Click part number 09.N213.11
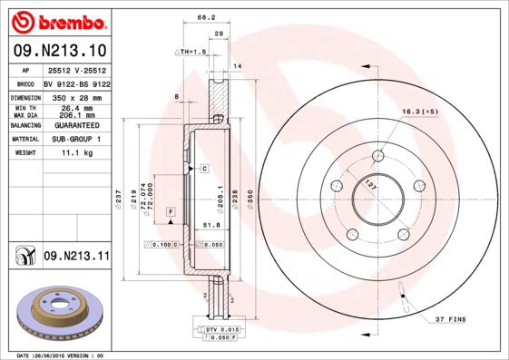pyautogui.click(x=76, y=257)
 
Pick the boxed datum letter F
pyautogui.click(x=170, y=210)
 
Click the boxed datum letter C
pyautogui.click(x=205, y=169)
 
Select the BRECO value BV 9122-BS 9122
pyautogui.click(x=76, y=82)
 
